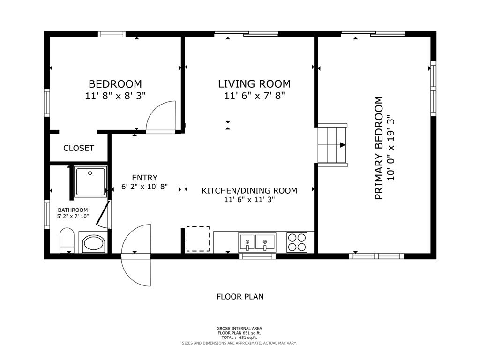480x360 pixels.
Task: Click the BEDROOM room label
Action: pos(115,84)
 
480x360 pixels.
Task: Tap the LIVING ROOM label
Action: pos(254,84)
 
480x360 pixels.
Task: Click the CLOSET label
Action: pos(79,148)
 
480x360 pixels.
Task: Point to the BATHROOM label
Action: pos(73,210)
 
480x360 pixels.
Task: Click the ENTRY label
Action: pos(144,178)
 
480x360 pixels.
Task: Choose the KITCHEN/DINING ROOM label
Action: pos(249,190)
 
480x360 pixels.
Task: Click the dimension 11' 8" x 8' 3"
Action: pos(115,96)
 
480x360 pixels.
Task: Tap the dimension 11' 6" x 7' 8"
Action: pos(254,96)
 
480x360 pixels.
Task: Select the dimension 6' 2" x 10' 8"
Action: pos(144,187)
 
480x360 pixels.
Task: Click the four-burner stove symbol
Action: pos(297,242)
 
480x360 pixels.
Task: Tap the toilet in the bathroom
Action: pos(67,240)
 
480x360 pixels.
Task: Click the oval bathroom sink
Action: pos(94,243)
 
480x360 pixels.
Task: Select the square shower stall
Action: pos(91,181)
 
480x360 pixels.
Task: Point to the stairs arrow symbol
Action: pos(343,145)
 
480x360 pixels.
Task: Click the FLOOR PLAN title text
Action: pos(240,296)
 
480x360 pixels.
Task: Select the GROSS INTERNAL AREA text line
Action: pos(240,328)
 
